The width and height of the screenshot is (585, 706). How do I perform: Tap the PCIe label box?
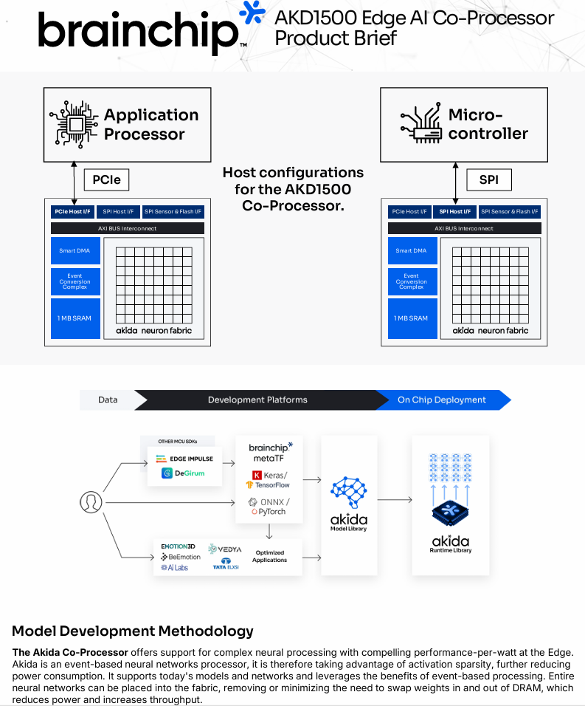[x=107, y=179]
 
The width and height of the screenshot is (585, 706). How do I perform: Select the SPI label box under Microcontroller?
[x=488, y=179]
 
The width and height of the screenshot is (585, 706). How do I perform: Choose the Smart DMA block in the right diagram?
[x=412, y=251]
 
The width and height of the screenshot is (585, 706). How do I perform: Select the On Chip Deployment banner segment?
[x=442, y=400]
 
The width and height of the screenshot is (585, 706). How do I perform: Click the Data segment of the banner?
[x=108, y=400]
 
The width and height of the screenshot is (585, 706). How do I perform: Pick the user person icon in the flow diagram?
[x=90, y=502]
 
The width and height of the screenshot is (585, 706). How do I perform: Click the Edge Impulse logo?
[x=184, y=459]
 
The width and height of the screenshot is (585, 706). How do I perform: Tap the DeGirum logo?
[x=184, y=473]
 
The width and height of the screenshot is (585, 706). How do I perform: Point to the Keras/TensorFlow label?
[x=270, y=479]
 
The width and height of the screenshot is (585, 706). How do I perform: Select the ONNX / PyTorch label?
[x=269, y=507]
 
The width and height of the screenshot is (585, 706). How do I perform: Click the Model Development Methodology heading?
[x=133, y=631]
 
